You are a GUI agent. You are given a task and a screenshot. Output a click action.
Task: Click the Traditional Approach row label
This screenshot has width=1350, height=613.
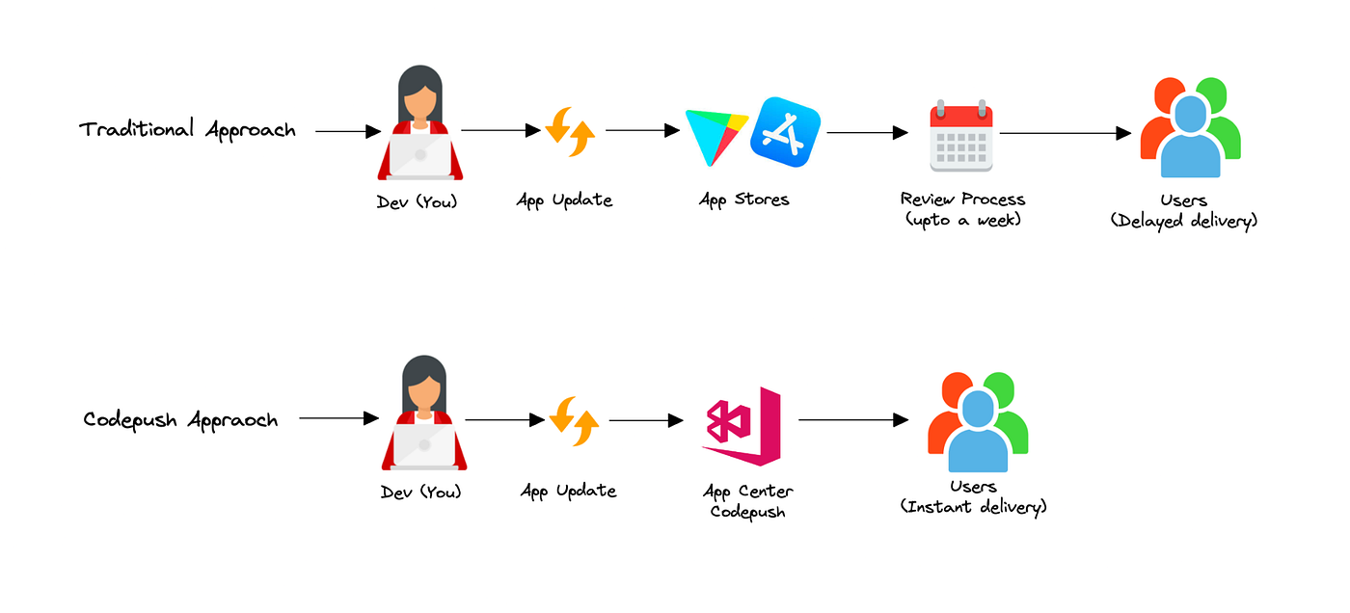(187, 129)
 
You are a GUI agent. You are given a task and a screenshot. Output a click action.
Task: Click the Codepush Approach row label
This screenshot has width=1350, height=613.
(180, 420)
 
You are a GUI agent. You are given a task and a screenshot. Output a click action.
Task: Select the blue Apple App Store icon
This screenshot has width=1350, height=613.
(785, 130)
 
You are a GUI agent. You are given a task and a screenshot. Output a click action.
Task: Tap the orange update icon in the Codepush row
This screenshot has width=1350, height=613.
(574, 422)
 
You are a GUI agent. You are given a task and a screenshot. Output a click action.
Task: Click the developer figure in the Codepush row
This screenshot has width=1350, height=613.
(424, 413)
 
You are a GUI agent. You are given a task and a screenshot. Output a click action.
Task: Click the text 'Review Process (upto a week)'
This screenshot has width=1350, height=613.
(962, 209)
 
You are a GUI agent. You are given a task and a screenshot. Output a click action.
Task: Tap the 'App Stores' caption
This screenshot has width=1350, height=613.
(744, 200)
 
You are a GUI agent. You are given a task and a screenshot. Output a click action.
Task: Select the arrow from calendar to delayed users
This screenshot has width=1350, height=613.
(1065, 133)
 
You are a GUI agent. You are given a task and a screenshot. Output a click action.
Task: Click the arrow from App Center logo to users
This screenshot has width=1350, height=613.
(853, 420)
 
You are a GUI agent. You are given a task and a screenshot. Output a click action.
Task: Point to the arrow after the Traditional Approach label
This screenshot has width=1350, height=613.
(348, 131)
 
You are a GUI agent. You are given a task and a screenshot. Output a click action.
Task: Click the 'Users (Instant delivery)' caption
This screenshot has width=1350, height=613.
(973, 495)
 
